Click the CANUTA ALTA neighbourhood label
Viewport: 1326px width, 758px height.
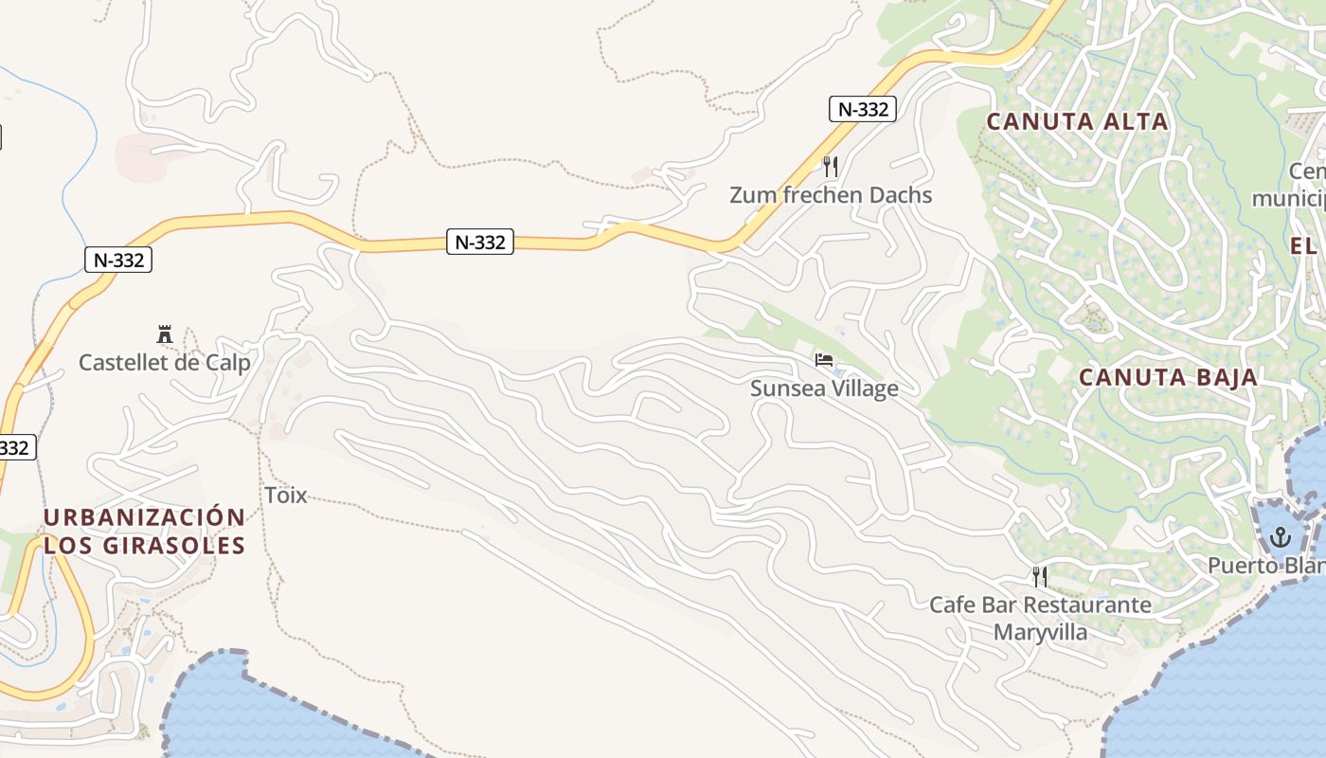pos(1077,121)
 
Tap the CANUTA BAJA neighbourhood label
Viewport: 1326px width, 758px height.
pos(1169,377)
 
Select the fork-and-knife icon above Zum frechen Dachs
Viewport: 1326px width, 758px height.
pos(831,167)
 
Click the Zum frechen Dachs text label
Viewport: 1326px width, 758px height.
pos(831,195)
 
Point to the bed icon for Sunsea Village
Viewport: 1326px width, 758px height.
pos(824,360)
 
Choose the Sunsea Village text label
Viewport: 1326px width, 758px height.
pos(824,388)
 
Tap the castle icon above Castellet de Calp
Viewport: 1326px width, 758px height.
pos(165,334)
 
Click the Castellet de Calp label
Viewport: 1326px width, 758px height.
pos(165,363)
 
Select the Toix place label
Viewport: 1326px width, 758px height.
pos(286,495)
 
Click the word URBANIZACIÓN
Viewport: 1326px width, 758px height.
pos(144,517)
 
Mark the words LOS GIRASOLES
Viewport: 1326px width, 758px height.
pos(144,546)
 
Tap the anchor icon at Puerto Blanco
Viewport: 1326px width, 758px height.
pos(1281,538)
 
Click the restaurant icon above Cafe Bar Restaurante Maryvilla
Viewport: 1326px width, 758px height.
pos(1040,576)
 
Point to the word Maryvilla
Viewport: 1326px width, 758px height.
pos(1040,632)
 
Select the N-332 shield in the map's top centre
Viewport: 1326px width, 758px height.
pos(480,243)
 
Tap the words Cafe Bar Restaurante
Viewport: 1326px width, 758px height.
pos(1040,605)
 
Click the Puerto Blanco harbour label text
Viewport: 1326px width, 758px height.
pos(1265,566)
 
